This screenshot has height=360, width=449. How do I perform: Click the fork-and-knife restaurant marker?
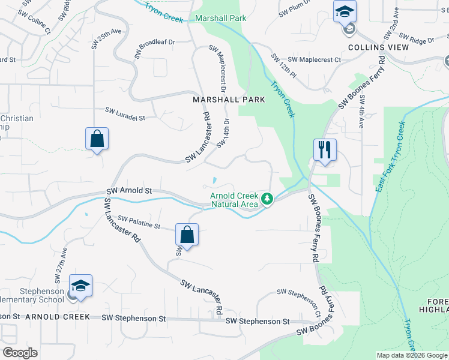pos(325,150)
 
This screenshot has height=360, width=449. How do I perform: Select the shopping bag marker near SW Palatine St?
pos(187,235)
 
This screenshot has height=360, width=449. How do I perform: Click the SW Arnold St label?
pos(129,190)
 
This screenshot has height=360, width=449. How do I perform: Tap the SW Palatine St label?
pos(139,222)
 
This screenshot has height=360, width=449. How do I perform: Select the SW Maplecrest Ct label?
pos(314,59)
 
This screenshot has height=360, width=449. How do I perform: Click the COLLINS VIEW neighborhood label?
pos(378,47)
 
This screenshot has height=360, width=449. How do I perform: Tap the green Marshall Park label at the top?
pos(221,19)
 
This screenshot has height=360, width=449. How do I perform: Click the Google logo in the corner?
pos(20,353)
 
